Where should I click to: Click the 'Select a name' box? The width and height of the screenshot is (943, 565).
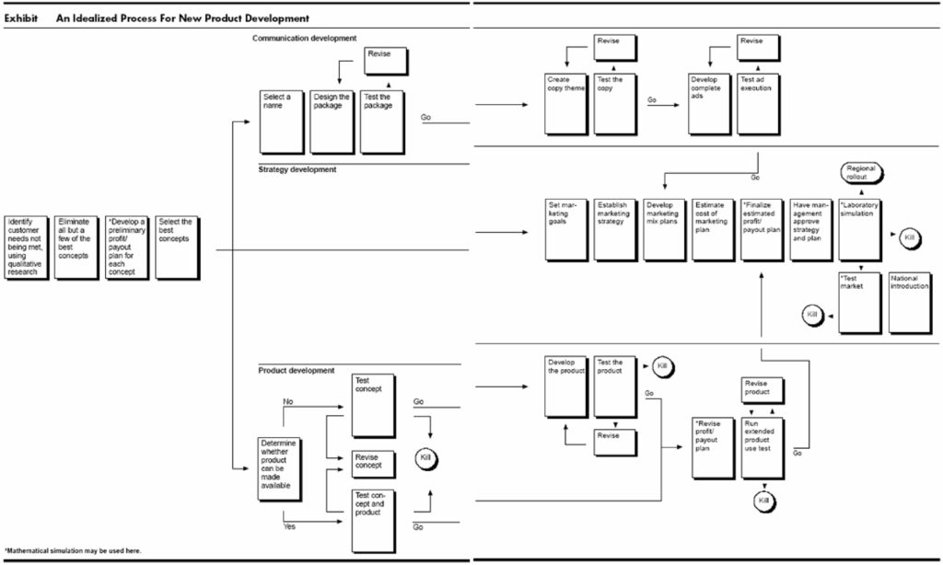[x=281, y=121]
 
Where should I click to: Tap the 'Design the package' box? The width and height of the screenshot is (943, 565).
[x=332, y=121]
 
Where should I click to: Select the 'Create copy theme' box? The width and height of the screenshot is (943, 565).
[x=566, y=102]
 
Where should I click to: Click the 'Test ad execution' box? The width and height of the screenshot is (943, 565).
[x=760, y=102]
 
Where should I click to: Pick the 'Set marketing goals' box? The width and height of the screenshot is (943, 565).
[x=566, y=228]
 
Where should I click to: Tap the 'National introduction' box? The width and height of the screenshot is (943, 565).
[x=910, y=303]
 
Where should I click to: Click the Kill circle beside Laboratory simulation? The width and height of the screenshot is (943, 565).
[x=910, y=238]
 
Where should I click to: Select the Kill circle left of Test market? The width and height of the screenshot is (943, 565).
[x=812, y=316]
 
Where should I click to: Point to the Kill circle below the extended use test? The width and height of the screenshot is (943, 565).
[x=763, y=501]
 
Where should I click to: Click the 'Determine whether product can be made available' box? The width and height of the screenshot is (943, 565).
[x=280, y=468]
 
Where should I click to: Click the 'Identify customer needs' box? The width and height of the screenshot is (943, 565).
[x=25, y=247]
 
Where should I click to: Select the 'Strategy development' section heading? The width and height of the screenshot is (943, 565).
[x=297, y=169]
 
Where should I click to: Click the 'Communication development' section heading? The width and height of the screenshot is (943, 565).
[x=304, y=38]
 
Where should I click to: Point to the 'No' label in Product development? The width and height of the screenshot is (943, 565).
[x=288, y=401]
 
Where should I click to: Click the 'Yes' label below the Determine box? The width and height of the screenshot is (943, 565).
[x=290, y=527]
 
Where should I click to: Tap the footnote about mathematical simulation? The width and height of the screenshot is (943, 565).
[x=73, y=550]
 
